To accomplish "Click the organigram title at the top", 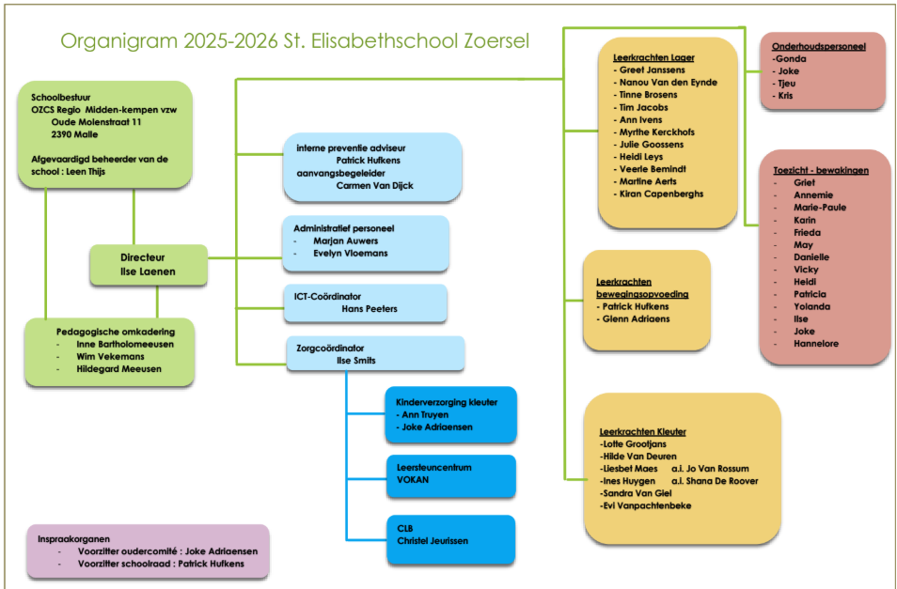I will coord(294,41).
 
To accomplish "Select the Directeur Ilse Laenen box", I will coord(149,264).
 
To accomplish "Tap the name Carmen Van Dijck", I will coord(374,185).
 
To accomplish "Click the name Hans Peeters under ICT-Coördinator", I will coord(369,308).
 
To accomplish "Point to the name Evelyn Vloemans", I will coord(350,254).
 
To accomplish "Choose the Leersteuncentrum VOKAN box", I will coord(450,473).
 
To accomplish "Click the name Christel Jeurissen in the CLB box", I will coord(433,540).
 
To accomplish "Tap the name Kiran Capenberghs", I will coord(661,194).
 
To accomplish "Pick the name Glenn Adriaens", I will coord(642,318).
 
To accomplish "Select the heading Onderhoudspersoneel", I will coord(818,45).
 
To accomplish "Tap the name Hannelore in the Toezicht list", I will coord(816,344).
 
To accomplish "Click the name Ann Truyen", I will coord(424,414).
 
